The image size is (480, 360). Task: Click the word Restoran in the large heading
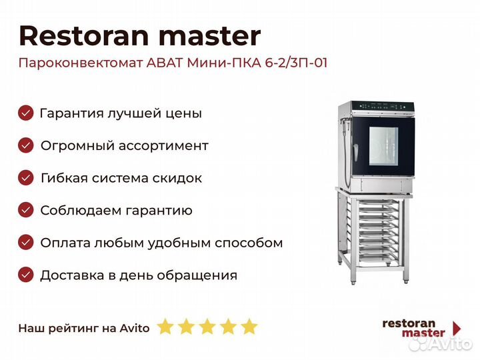point(84,36)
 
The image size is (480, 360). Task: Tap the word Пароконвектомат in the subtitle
point(81,63)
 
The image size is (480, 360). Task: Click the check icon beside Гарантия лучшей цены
point(26,113)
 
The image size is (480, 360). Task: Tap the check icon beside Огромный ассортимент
point(26,145)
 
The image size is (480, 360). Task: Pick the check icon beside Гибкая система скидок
point(26,178)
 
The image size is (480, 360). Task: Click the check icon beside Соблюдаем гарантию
point(26,210)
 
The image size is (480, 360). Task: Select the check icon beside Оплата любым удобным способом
point(26,243)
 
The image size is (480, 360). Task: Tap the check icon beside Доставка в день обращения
point(26,275)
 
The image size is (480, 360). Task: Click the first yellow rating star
point(165,326)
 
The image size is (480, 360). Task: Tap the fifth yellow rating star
point(249,326)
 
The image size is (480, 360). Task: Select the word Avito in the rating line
point(135,328)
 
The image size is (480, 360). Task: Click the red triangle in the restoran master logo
point(457,329)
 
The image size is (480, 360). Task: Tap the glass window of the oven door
point(383,146)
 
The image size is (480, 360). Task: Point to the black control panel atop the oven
point(383,107)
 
